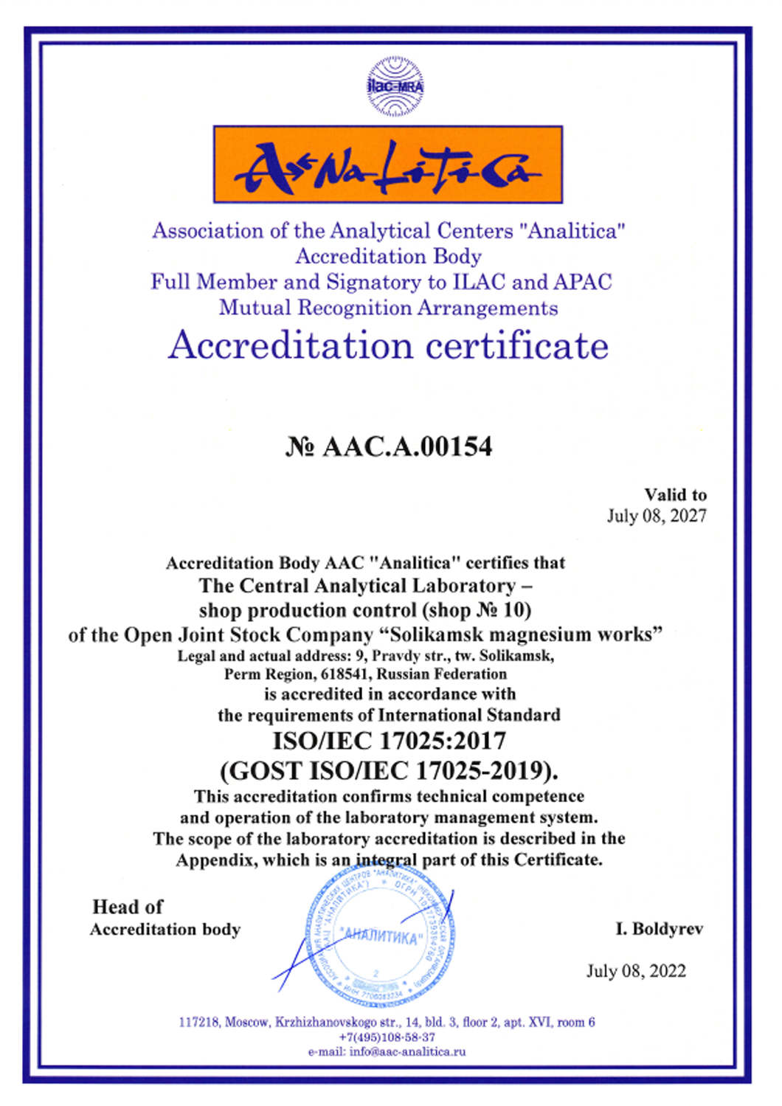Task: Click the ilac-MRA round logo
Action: pos(395,86)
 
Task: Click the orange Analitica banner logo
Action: pos(388,165)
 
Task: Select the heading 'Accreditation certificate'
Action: pos(388,345)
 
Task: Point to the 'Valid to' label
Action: pos(675,494)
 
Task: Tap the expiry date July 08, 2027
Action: pos(657,515)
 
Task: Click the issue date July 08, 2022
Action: pos(636,970)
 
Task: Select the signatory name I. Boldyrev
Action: pos(660,929)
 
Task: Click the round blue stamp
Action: pos(380,936)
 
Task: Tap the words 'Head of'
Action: pos(128,907)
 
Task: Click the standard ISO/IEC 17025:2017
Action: pos(390,741)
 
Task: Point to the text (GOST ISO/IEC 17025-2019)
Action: pos(389,770)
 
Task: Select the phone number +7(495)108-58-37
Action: pos(387,1037)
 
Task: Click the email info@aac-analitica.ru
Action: pos(407,1051)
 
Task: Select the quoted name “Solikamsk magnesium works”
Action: pos(525,635)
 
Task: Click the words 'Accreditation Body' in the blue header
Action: pos(389,256)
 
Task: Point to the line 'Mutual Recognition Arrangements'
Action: pos(388,307)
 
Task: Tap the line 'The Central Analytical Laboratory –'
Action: pos(365,586)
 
